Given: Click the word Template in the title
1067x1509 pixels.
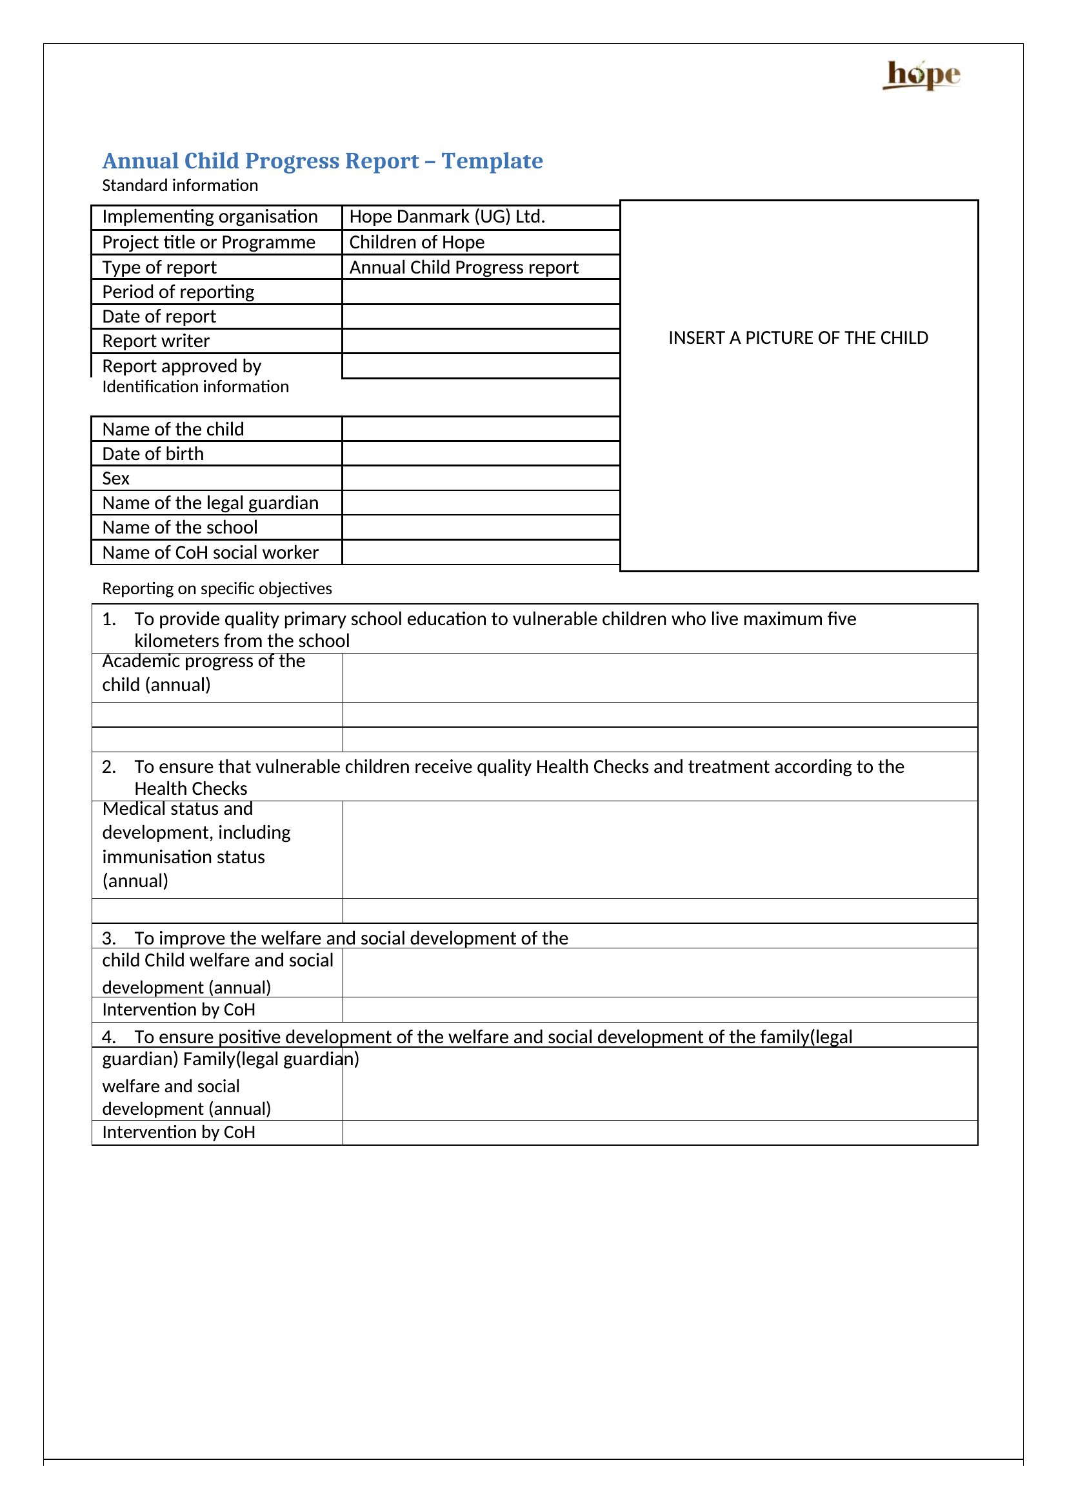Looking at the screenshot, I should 492,161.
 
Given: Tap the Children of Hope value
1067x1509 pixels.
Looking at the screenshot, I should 417,243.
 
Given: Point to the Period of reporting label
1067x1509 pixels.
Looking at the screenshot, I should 178,292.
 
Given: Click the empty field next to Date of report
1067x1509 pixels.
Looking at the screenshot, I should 481,317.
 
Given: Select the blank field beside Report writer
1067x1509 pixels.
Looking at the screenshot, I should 481,341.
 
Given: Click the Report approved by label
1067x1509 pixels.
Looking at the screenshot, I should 181,366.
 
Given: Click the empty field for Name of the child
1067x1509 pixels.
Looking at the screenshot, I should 481,429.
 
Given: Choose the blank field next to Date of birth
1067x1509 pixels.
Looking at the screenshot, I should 481,454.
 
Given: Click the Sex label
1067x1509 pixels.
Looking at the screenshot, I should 115,479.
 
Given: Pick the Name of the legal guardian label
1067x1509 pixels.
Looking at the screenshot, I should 210,503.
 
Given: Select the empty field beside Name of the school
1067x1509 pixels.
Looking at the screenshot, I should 481,528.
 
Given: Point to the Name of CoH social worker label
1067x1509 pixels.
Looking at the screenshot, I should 210,553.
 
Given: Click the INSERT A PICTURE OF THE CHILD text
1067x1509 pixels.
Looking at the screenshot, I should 797,338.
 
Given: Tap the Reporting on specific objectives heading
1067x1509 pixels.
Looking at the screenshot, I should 217,589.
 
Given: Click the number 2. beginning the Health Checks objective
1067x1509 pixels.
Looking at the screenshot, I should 109,767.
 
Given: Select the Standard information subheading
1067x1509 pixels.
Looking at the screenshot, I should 180,186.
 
